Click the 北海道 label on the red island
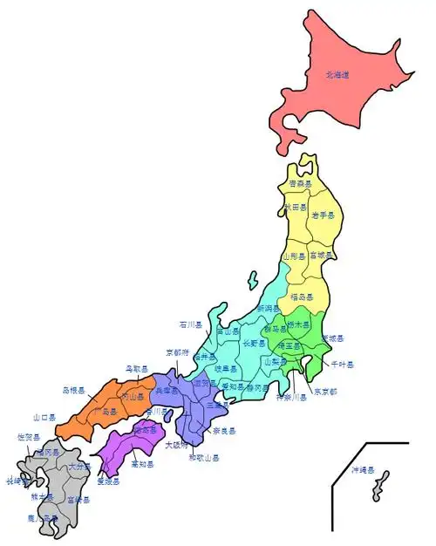337,76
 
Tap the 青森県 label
302,184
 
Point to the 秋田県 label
296,208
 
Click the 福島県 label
302,297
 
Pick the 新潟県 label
269,309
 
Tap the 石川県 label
191,324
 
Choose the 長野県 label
250,342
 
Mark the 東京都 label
324,391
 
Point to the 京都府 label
177,353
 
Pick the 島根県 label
73,390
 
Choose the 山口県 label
44,418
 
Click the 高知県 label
142,465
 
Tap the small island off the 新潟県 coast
253,284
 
